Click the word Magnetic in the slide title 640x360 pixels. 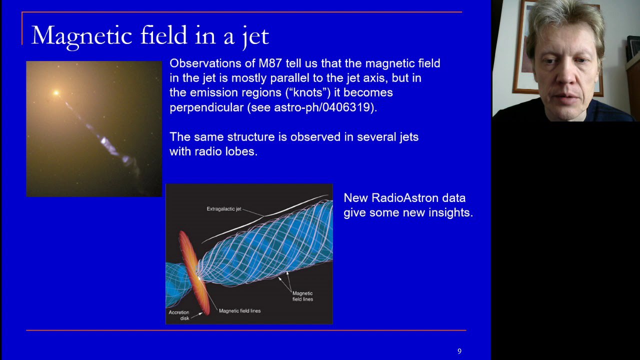[81, 36]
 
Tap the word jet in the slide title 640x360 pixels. [255, 37]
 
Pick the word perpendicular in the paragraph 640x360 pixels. [206, 107]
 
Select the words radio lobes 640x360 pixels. [225, 151]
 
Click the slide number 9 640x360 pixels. [459, 351]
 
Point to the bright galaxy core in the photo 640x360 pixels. [56, 92]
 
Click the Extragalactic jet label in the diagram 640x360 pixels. [224, 209]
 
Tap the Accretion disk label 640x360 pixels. [179, 315]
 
